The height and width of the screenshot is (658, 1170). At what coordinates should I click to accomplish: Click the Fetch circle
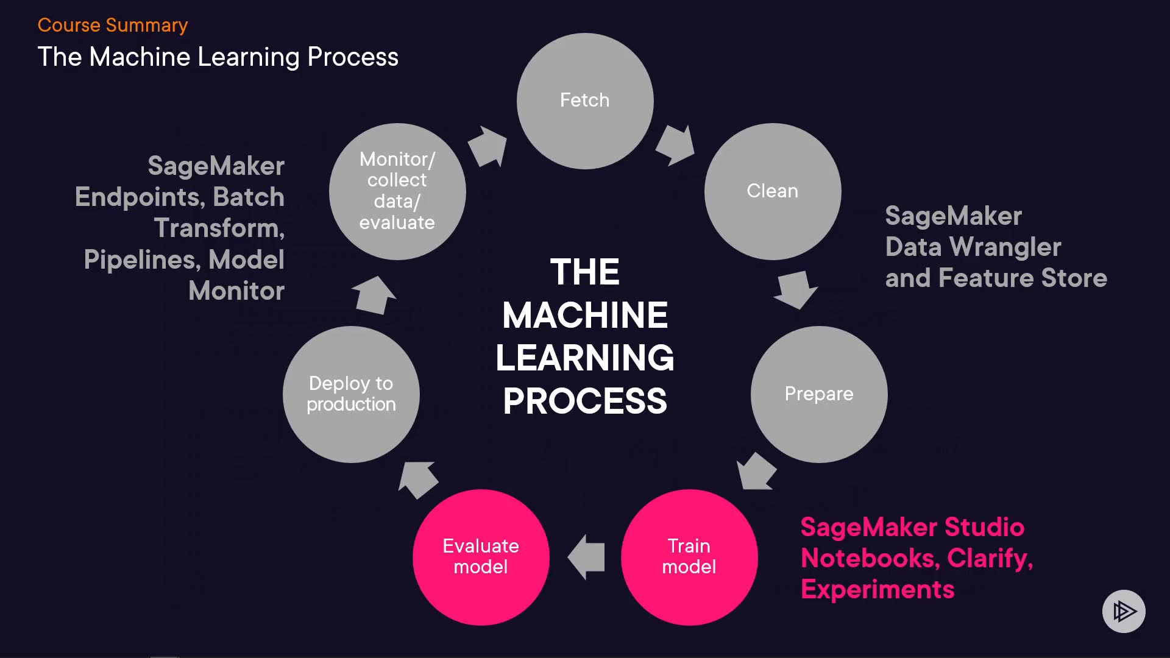point(585,101)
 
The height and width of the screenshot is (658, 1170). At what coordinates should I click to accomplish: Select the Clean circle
point(773,191)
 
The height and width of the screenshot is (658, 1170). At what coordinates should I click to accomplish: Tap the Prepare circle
point(819,394)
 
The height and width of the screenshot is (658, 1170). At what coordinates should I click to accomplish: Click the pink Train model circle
point(689,557)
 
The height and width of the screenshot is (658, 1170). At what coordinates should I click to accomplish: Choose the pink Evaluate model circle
point(481,557)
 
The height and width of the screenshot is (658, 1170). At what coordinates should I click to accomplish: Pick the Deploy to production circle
point(351,394)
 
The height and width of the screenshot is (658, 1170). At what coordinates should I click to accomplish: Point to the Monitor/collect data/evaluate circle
point(397,191)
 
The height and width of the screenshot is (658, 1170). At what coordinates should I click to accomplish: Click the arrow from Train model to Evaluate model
point(586,557)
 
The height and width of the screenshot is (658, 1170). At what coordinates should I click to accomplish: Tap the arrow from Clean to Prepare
point(796,289)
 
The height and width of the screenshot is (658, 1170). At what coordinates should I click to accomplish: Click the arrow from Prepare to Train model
point(756,472)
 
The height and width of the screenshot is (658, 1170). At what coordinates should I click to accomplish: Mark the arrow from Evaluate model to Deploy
point(418,479)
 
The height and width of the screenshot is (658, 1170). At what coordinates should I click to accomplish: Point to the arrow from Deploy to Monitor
point(374,295)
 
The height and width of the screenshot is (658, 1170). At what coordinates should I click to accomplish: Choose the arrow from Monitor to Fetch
point(488,146)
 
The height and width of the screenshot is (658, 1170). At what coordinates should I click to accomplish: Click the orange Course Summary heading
point(113,25)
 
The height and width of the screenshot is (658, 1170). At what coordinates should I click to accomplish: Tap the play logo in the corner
point(1124,611)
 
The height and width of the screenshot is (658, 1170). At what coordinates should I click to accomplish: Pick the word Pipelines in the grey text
point(142,260)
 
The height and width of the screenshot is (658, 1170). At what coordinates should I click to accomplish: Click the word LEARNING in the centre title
point(585,358)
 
